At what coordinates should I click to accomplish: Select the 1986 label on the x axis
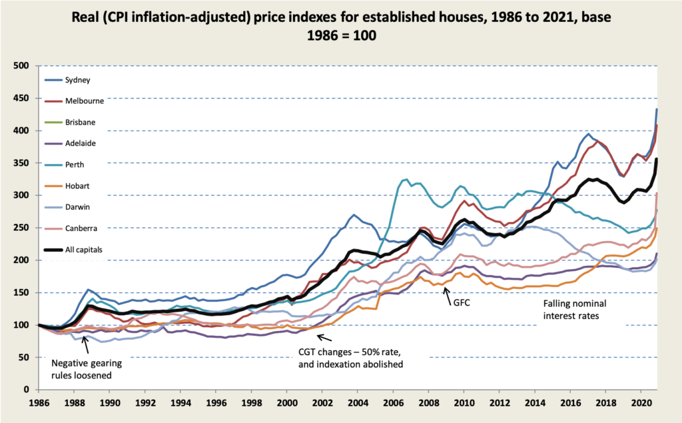click(x=39, y=404)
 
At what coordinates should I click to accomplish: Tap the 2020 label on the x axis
click(x=641, y=404)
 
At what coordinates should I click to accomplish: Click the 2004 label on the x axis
click(x=358, y=404)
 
